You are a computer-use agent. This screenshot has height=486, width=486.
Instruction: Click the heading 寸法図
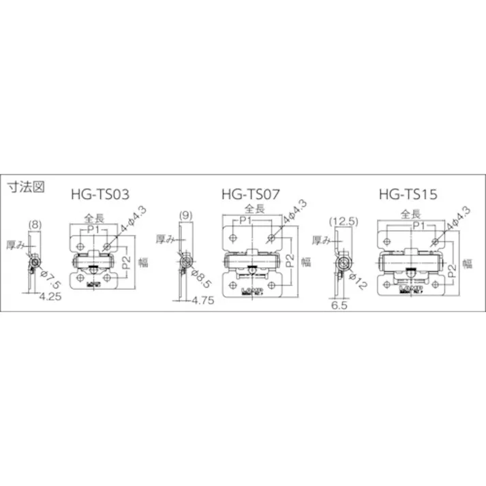click(26, 187)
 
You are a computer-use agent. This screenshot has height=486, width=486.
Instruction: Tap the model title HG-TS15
click(407, 194)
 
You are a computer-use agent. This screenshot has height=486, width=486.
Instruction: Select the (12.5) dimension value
click(343, 222)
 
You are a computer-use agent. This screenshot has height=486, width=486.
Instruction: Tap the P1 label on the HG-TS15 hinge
click(418, 224)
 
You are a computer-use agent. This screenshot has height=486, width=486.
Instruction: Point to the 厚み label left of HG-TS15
click(321, 240)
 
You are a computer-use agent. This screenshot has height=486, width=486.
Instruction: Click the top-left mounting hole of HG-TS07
click(234, 238)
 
